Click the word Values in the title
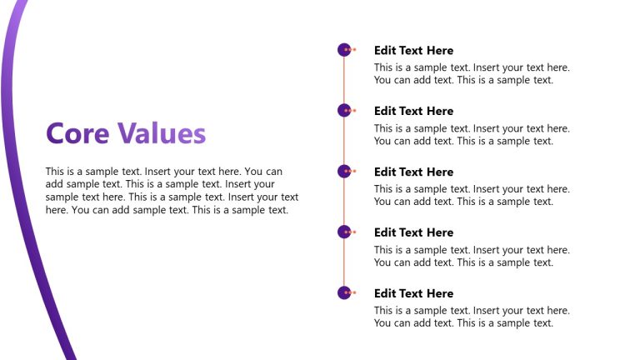click(x=161, y=133)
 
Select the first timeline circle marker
click(x=344, y=50)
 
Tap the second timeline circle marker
click(x=344, y=111)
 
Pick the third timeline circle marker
click(x=344, y=172)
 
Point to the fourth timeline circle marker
click(x=344, y=232)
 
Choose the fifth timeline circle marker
click(x=344, y=292)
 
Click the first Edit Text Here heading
click(x=413, y=50)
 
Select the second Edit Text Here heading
click(x=413, y=111)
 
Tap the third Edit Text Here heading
click(x=413, y=172)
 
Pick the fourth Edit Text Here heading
click(x=413, y=232)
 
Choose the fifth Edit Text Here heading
click(x=413, y=293)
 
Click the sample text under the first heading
click(x=472, y=74)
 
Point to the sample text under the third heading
click(x=472, y=196)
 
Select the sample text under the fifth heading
click(x=472, y=317)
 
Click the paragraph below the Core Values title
click(x=172, y=191)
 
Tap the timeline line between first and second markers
click(x=344, y=81)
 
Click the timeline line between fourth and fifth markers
click(x=344, y=262)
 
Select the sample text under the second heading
click(x=472, y=135)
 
